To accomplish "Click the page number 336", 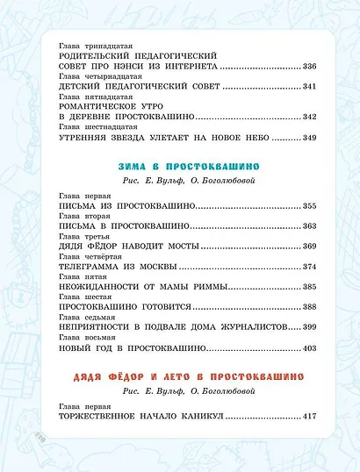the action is [306, 67].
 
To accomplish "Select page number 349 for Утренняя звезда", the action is [306, 137].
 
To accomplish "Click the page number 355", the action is [306, 205].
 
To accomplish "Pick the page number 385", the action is [306, 286].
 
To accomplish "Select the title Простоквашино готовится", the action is [115, 306].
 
